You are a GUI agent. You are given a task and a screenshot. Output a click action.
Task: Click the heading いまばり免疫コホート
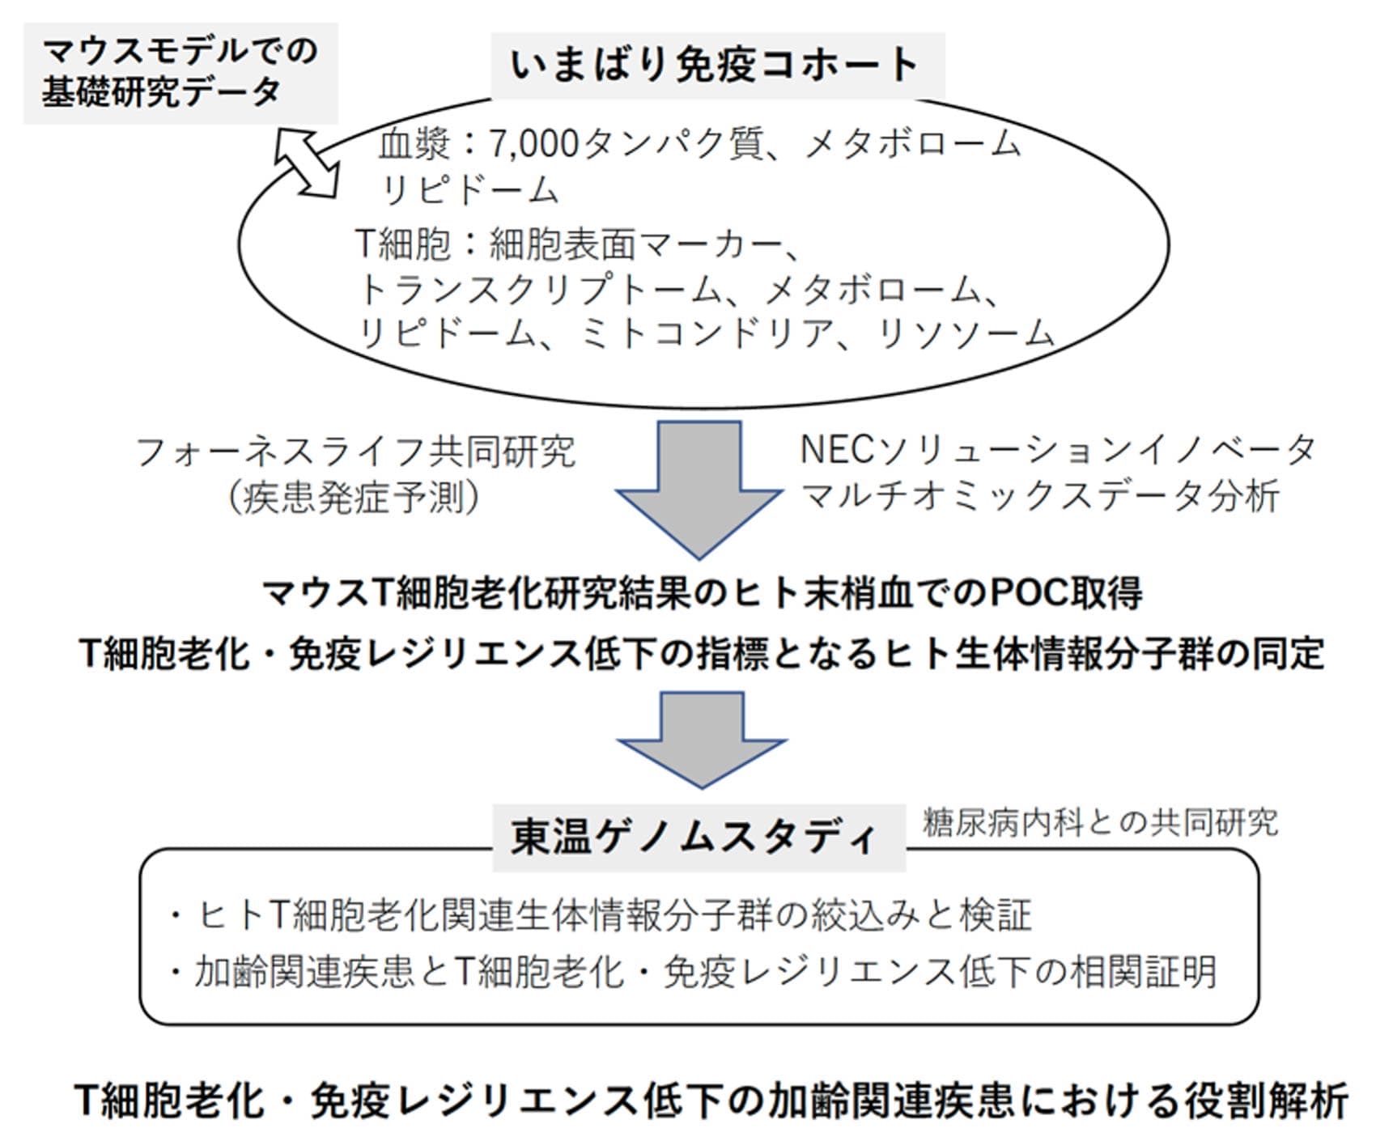(x=716, y=66)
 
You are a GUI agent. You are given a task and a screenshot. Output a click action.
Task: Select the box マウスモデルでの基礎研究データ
(x=180, y=72)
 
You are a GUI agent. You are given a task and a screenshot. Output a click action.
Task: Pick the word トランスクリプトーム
(x=538, y=290)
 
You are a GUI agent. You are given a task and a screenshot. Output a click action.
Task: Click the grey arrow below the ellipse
(x=699, y=486)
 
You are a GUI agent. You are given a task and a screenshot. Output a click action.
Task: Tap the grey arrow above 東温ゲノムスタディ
(x=701, y=737)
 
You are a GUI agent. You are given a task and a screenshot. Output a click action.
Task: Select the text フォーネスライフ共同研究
(x=355, y=452)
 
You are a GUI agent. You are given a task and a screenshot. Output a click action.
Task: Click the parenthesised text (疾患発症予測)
(x=355, y=496)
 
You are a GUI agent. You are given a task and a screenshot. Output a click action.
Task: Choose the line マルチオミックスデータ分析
(x=1039, y=495)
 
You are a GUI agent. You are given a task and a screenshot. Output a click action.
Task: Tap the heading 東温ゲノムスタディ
(x=696, y=838)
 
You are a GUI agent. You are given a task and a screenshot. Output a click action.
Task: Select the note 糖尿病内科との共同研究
(x=1100, y=823)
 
